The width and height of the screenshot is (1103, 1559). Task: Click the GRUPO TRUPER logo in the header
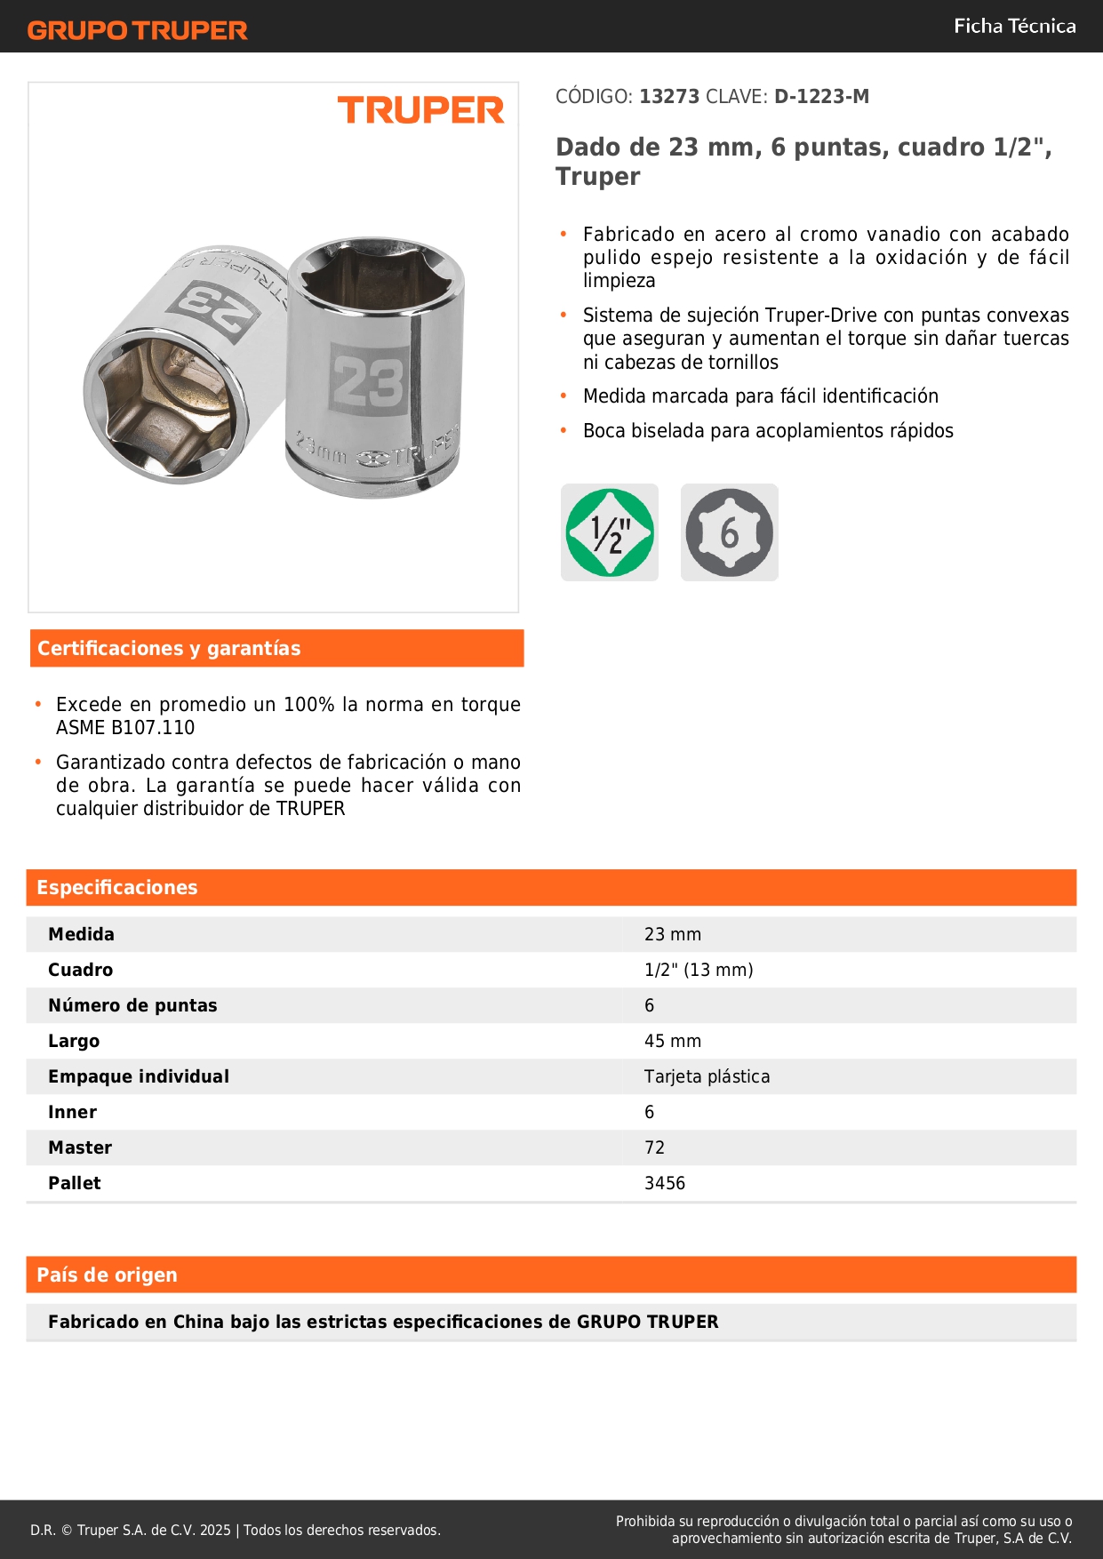pos(137,30)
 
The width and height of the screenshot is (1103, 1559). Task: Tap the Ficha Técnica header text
pos(1014,26)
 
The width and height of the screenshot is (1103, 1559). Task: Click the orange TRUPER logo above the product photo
pos(420,110)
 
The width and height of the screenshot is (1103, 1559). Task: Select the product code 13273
pos(669,96)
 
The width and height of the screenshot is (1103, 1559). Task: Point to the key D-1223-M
pos(821,96)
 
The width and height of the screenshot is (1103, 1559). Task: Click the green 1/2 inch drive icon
pos(610,532)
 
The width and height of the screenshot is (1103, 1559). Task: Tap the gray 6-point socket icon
pos(729,532)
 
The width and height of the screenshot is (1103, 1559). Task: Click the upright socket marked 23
pos(375,369)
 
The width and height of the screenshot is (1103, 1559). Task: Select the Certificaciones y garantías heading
pos(169,648)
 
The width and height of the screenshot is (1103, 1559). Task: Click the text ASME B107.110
pos(125,727)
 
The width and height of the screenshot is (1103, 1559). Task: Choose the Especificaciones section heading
pos(117,887)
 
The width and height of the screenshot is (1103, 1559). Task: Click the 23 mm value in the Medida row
pos(673,934)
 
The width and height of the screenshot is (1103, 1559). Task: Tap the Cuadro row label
pos(81,970)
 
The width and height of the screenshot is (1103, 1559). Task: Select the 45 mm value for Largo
pos(673,1041)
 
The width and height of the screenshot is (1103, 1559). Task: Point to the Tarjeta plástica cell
pos(707,1076)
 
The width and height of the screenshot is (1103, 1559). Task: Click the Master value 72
pos(654,1147)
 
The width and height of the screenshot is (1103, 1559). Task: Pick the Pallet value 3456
pos(665,1183)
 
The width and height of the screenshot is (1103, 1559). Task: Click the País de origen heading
pos(107,1275)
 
